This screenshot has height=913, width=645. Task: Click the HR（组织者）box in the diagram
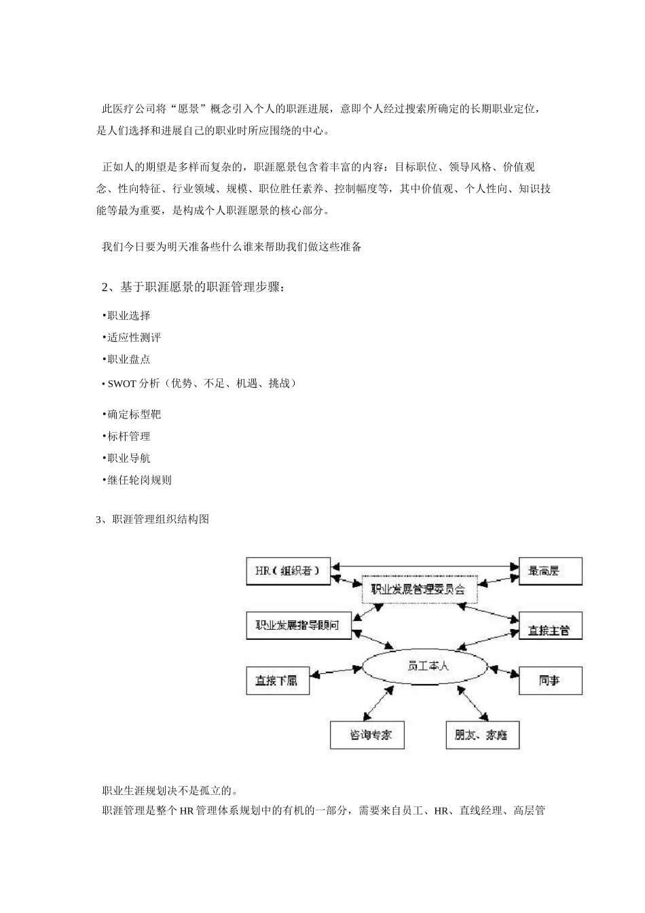click(287, 571)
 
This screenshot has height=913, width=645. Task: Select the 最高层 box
click(550, 571)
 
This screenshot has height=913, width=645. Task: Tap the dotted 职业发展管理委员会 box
click(419, 589)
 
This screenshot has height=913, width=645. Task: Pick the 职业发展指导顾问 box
click(298, 625)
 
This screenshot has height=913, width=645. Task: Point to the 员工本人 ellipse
click(425, 666)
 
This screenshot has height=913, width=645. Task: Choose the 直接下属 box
click(276, 680)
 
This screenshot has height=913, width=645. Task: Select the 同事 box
click(550, 680)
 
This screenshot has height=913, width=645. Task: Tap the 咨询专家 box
click(370, 734)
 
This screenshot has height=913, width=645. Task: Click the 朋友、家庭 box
click(482, 734)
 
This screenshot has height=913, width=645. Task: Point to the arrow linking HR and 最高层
click(424, 565)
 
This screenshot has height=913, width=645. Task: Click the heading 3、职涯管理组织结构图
click(153, 520)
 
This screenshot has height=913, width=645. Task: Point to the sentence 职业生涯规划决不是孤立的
click(169, 790)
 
